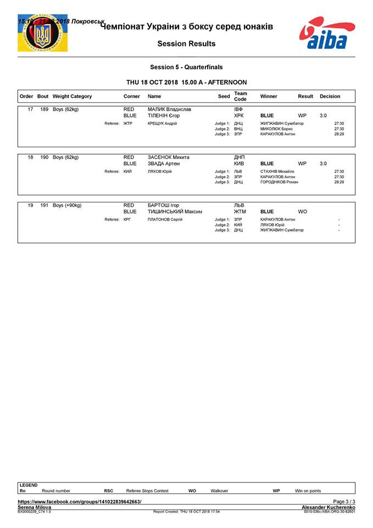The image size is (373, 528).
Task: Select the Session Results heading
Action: (x=186, y=43)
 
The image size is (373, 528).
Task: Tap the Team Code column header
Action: (x=240, y=96)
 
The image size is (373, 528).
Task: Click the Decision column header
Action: (x=330, y=96)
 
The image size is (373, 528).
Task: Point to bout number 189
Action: (x=44, y=109)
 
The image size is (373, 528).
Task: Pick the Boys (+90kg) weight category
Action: (x=67, y=205)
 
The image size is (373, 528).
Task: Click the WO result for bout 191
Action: (x=303, y=212)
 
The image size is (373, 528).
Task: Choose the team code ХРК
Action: (x=239, y=116)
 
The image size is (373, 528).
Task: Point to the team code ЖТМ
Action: (x=240, y=212)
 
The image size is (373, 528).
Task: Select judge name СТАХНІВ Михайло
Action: (x=277, y=172)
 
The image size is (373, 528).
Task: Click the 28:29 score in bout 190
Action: (x=339, y=182)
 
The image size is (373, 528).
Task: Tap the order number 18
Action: (x=31, y=157)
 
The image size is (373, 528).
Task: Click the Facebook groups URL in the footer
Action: (x=80, y=502)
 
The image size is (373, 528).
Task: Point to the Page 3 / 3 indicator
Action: (x=344, y=502)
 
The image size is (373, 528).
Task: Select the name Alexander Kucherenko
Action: (x=329, y=507)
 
